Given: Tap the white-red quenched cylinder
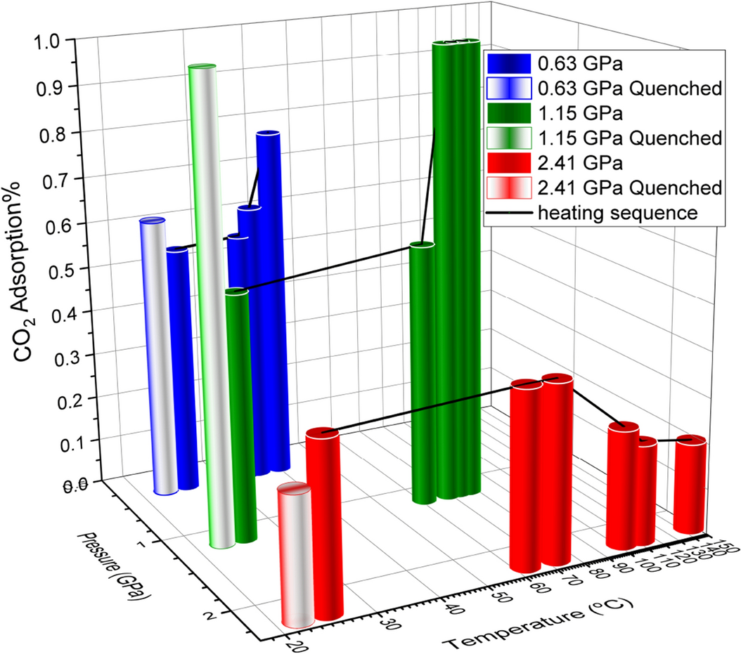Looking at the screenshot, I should click(295, 555).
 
